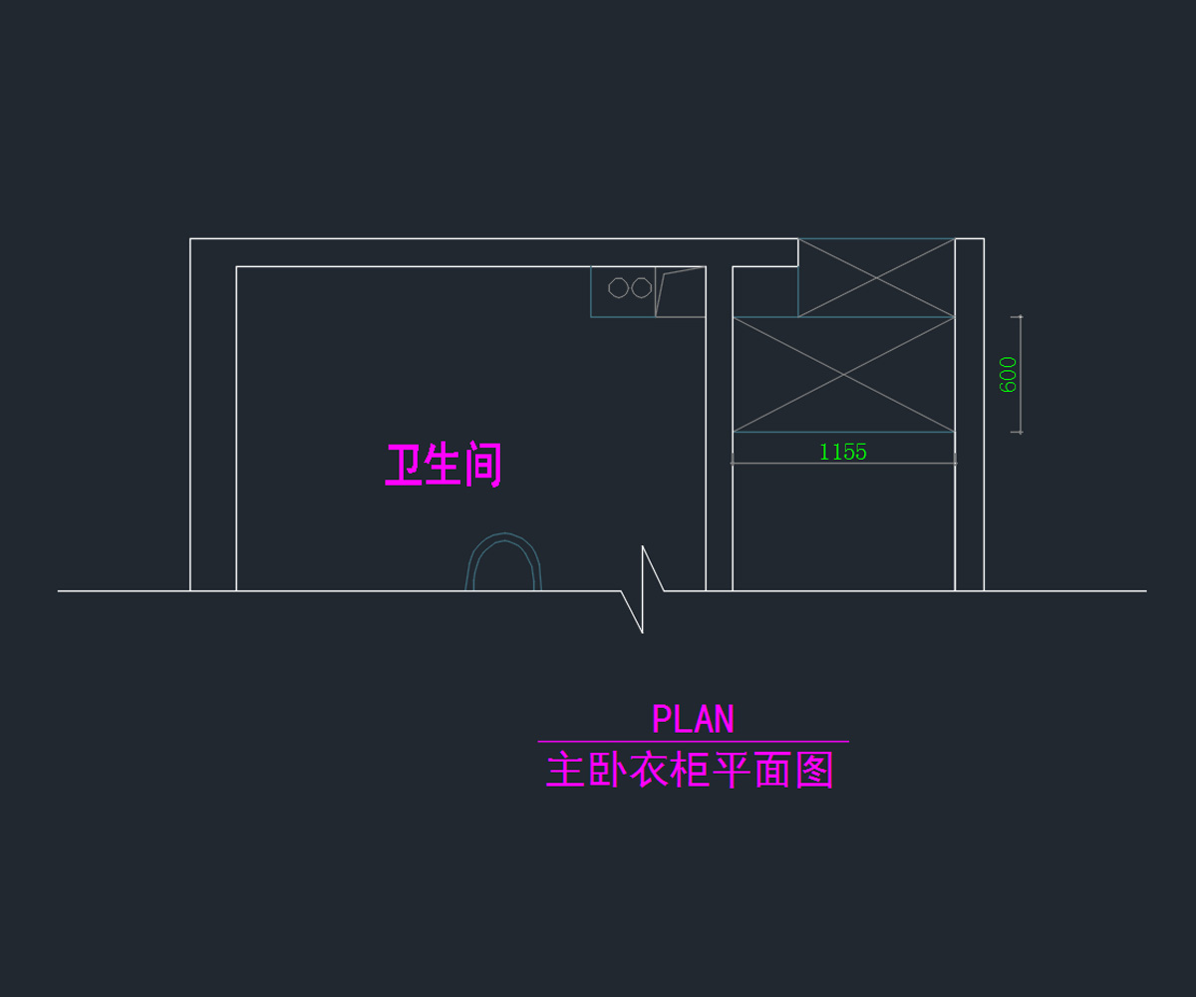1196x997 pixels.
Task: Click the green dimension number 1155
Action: click(843, 452)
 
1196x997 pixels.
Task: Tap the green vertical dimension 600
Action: click(1009, 375)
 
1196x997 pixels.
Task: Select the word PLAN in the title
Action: click(693, 719)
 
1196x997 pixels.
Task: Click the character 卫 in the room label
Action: click(403, 466)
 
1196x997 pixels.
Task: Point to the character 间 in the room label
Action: click(482, 466)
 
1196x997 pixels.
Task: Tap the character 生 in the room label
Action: click(442, 466)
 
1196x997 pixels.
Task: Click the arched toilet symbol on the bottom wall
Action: click(504, 563)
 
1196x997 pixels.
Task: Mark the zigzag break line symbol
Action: click(643, 589)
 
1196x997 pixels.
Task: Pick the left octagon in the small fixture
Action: click(618, 288)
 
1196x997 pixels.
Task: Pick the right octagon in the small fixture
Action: click(642, 288)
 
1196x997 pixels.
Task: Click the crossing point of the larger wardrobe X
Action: click(844, 375)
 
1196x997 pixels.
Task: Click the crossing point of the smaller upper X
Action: click(876, 277)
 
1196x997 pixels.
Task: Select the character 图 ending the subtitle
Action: click(815, 771)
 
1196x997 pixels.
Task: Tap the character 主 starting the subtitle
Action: click(565, 771)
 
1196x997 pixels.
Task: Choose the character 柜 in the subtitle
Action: click(690, 771)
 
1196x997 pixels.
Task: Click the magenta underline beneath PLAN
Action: click(693, 742)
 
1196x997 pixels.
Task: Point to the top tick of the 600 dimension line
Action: click(1018, 317)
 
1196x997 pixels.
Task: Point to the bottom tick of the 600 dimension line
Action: click(1018, 432)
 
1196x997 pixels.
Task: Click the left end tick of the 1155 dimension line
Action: click(733, 461)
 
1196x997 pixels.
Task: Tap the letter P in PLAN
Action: click(661, 719)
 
